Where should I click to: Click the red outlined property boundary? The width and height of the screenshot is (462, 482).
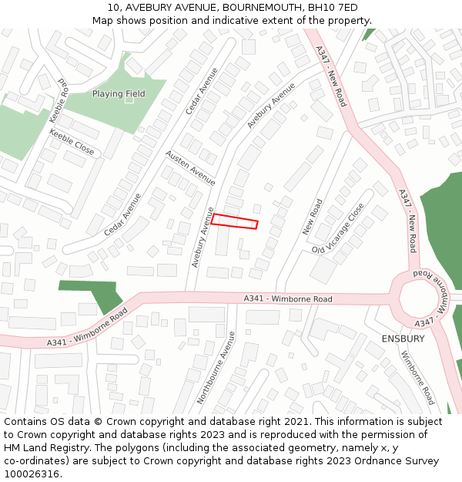[234, 221]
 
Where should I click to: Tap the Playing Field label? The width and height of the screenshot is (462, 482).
[119, 94]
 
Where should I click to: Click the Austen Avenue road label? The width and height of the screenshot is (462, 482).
[191, 167]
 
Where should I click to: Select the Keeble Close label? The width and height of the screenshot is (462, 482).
[72, 142]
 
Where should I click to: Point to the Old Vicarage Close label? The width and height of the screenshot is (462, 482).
[338, 229]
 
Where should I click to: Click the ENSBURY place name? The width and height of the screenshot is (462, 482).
[403, 339]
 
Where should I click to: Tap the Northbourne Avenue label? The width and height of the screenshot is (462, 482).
[216, 367]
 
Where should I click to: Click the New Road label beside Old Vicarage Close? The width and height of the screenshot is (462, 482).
[312, 217]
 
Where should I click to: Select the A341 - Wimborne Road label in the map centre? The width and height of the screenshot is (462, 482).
[288, 298]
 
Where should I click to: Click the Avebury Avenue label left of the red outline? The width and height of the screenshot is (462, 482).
[202, 237]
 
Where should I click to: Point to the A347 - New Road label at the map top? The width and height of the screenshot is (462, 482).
[332, 76]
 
